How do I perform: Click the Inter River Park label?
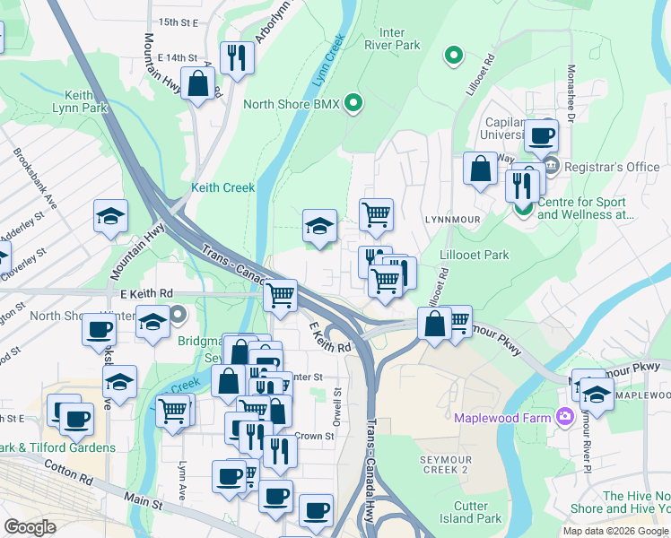click(x=392, y=38)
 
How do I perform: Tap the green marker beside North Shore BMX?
click(x=353, y=104)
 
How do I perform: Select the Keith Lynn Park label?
click(x=91, y=101)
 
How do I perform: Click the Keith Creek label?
click(x=222, y=188)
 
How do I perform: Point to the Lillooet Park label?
click(x=475, y=255)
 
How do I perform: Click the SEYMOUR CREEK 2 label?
click(x=444, y=464)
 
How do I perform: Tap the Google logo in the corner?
click(x=30, y=527)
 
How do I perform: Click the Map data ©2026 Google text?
click(x=615, y=531)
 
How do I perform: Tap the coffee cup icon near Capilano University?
click(x=541, y=136)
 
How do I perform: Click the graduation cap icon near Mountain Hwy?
click(x=110, y=217)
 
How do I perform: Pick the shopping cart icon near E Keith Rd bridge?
click(x=281, y=294)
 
